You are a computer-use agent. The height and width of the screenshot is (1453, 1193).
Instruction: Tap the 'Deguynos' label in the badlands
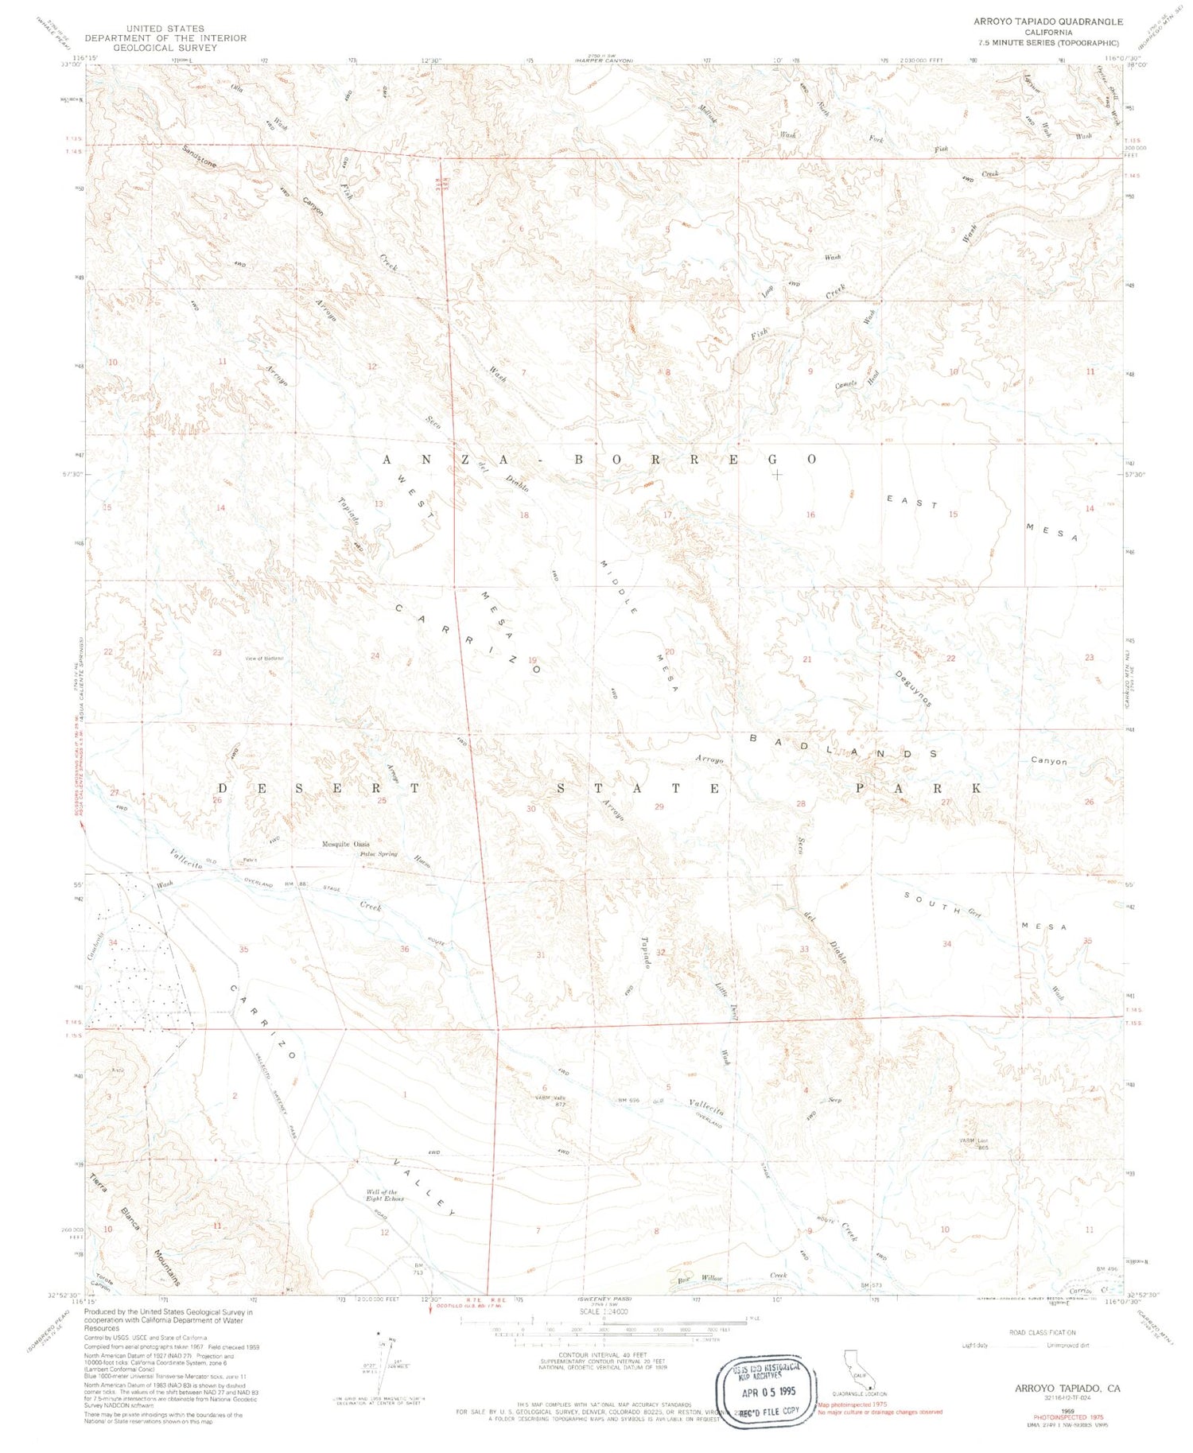(913, 688)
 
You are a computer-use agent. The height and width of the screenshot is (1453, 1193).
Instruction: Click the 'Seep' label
(834, 1100)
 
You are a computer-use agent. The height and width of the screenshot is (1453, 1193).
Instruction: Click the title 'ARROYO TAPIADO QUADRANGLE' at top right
(1048, 21)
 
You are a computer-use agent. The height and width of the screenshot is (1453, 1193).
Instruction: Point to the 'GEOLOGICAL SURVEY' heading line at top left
(165, 48)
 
